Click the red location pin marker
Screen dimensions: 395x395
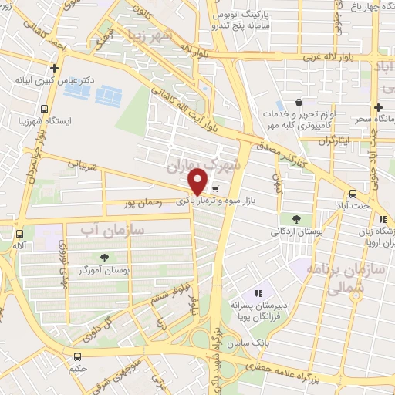[198, 181]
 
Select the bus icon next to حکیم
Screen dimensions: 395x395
[77, 356]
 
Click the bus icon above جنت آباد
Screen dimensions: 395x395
[353, 194]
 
